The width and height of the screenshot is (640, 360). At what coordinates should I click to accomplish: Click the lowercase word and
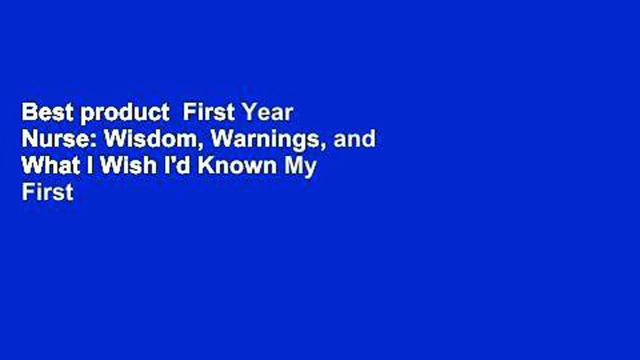(x=355, y=139)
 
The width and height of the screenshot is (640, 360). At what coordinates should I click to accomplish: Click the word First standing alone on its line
(x=47, y=192)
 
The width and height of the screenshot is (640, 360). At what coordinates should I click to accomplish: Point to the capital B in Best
(x=28, y=113)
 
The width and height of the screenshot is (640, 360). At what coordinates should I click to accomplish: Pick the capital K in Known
(x=204, y=166)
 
